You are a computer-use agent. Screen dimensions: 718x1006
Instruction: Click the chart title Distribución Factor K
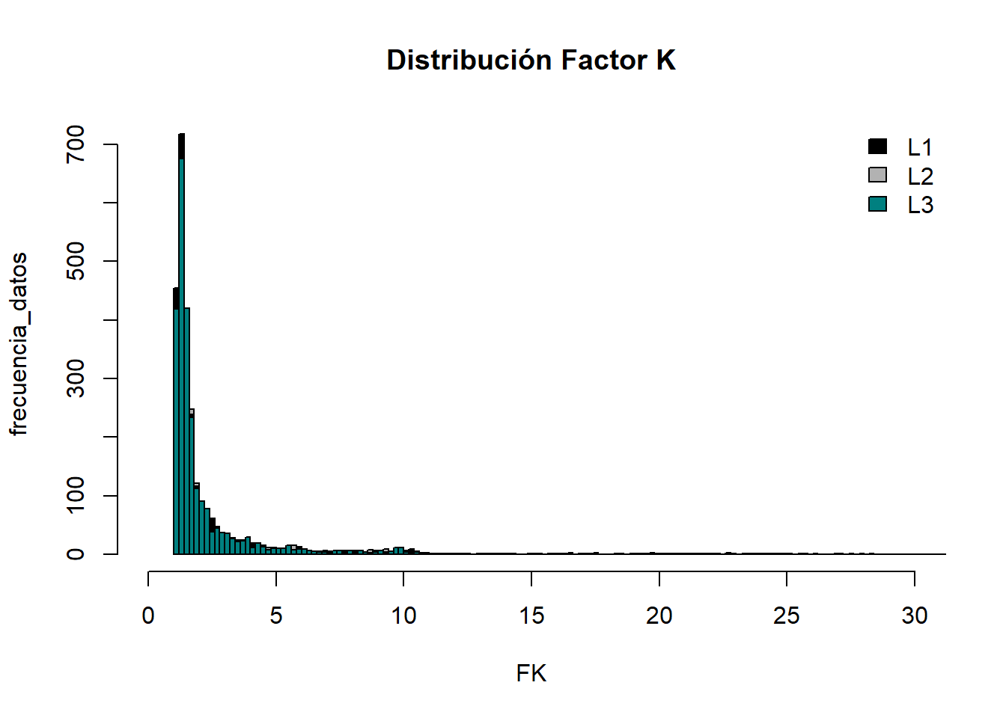[531, 61]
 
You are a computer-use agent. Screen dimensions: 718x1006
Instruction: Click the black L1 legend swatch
[877, 147]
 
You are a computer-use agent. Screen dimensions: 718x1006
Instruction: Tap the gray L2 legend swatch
[877, 175]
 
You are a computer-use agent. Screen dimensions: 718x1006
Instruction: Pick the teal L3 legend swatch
[877, 203]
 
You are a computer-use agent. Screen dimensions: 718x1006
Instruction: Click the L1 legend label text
[920, 147]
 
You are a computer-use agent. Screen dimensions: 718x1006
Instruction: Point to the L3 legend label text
[920, 205]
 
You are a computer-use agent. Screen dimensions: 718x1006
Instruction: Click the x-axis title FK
[531, 674]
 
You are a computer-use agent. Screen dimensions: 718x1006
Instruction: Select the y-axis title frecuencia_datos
[19, 344]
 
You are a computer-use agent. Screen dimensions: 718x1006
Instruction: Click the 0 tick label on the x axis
[148, 616]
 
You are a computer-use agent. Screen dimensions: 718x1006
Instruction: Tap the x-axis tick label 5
[276, 616]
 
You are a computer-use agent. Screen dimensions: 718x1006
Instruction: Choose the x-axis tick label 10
[403, 616]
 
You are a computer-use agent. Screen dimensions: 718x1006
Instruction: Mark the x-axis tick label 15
[531, 616]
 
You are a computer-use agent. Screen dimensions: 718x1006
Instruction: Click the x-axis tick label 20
[659, 616]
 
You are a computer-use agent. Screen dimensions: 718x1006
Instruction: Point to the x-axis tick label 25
[787, 616]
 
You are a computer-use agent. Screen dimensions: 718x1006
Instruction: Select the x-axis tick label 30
[914, 616]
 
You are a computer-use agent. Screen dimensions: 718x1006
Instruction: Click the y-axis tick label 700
[76, 144]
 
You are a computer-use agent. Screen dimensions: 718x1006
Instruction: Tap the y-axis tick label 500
[76, 261]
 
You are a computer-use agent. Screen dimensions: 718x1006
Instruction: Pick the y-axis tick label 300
[76, 378]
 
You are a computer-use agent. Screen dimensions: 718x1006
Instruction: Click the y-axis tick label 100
[76, 496]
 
